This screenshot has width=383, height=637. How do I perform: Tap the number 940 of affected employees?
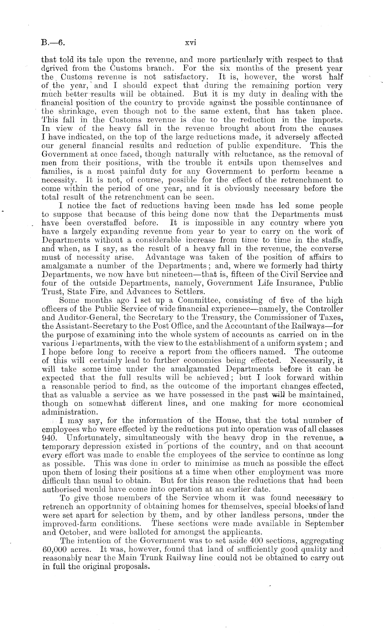click(48, 438)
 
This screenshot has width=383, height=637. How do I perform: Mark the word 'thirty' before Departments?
click(332, 266)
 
